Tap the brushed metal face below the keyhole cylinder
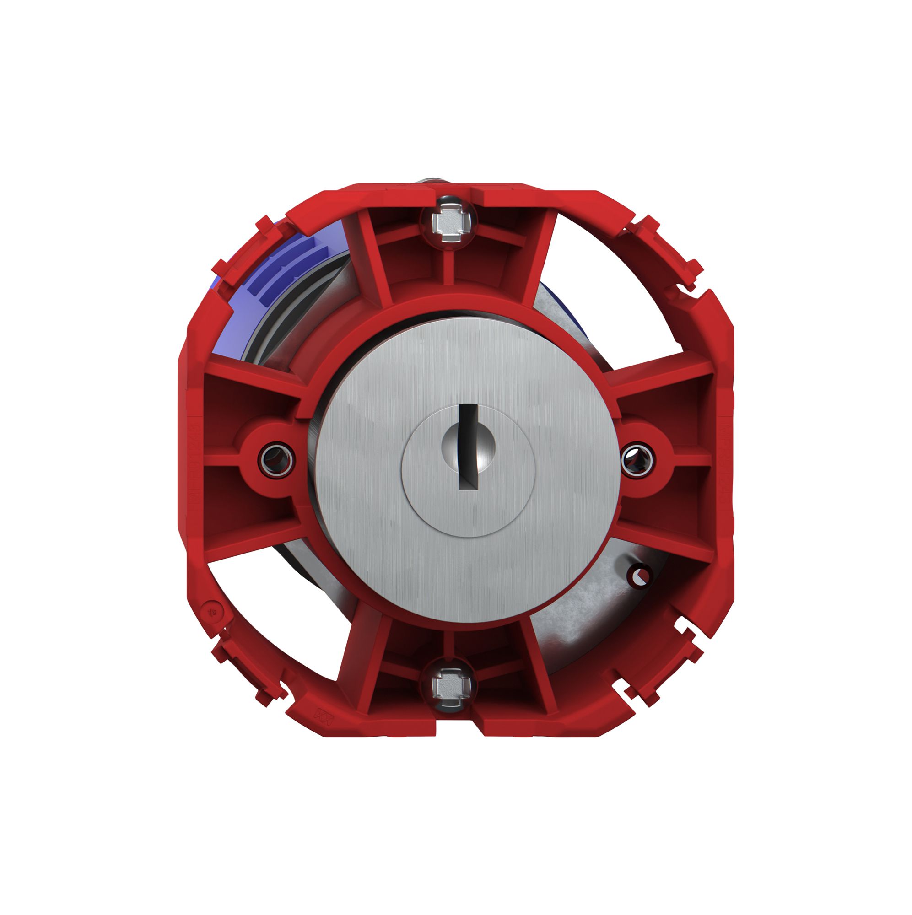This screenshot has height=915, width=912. pyautogui.click(x=467, y=568)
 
